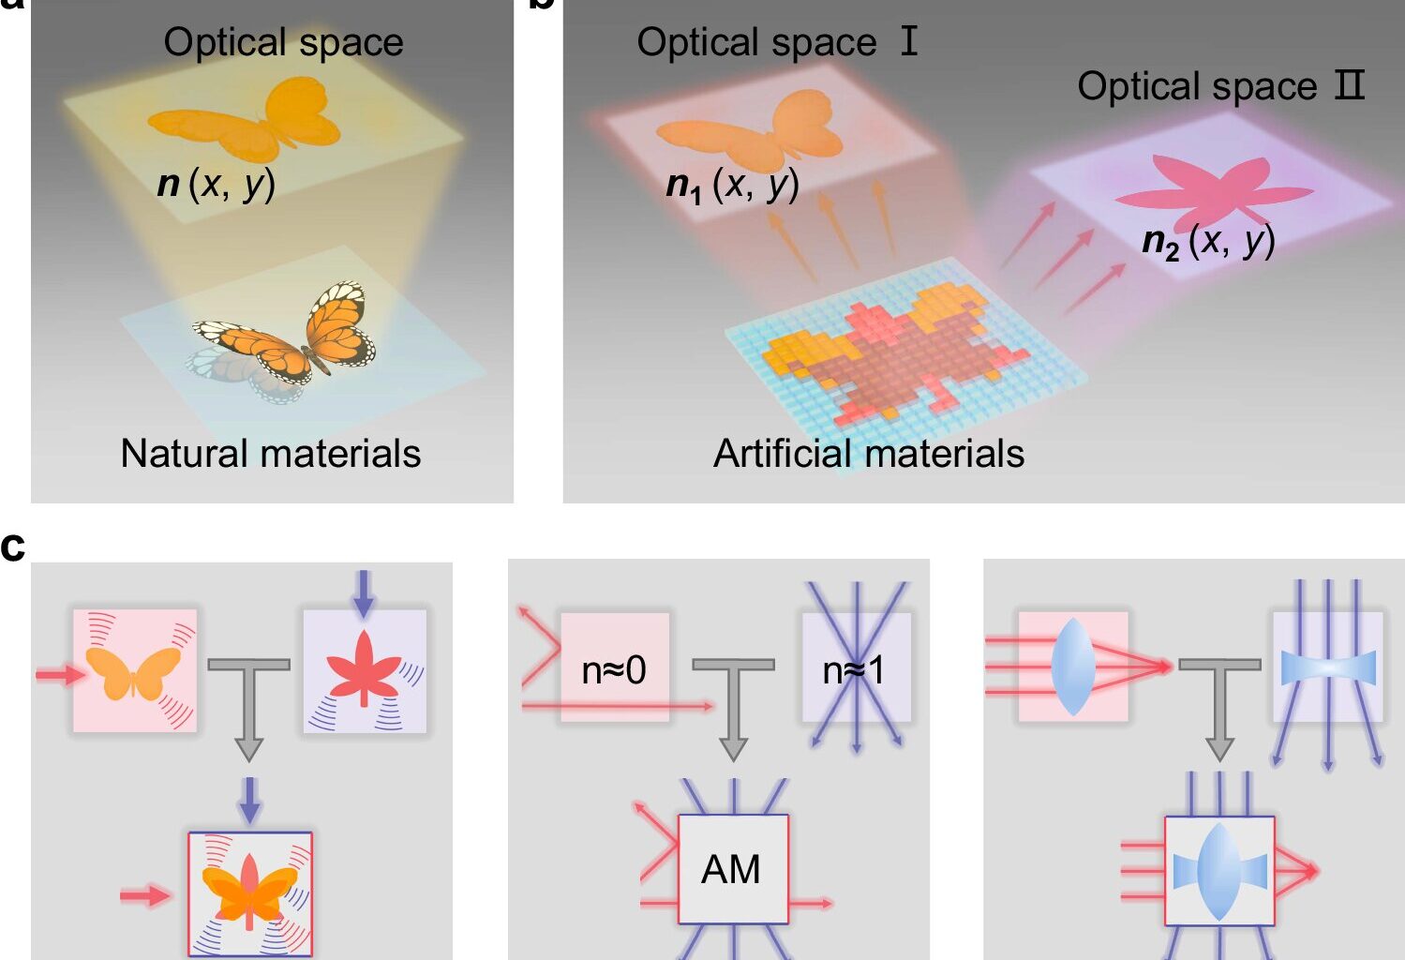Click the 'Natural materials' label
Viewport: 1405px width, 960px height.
(x=270, y=454)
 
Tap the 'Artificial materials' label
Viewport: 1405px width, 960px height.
(x=868, y=454)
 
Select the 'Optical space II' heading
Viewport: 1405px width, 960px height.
(x=1220, y=86)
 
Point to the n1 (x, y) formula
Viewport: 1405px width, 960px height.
(x=732, y=184)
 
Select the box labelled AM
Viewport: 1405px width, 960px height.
(x=733, y=869)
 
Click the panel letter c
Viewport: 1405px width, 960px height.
(x=13, y=546)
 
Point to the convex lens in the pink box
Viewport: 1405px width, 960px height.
(x=1073, y=666)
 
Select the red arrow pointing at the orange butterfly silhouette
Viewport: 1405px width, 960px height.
(x=58, y=674)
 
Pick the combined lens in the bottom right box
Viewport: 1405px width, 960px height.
(x=1218, y=871)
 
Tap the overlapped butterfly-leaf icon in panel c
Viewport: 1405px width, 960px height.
(x=249, y=893)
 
